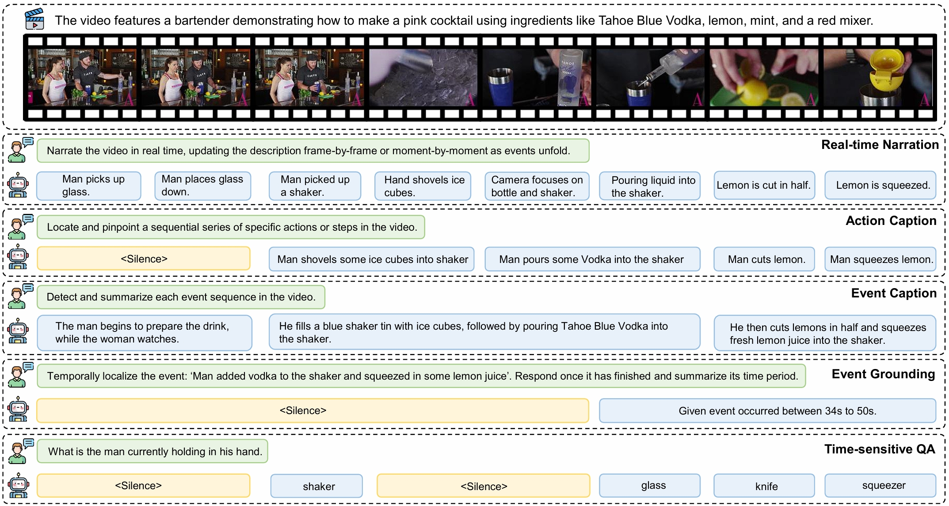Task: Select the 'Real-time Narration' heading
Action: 879,145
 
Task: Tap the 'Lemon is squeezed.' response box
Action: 880,185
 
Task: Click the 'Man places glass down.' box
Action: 202,186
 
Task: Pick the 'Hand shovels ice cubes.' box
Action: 423,186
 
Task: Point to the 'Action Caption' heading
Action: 890,221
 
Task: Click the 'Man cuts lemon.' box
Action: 764,259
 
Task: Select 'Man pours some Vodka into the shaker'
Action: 592,259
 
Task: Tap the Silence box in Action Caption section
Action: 144,259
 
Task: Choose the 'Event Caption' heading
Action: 893,293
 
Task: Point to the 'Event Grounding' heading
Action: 883,374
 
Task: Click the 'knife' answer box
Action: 764,486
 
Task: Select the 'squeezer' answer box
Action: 880,486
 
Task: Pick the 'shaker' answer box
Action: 316,486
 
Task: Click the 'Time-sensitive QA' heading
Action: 879,449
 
